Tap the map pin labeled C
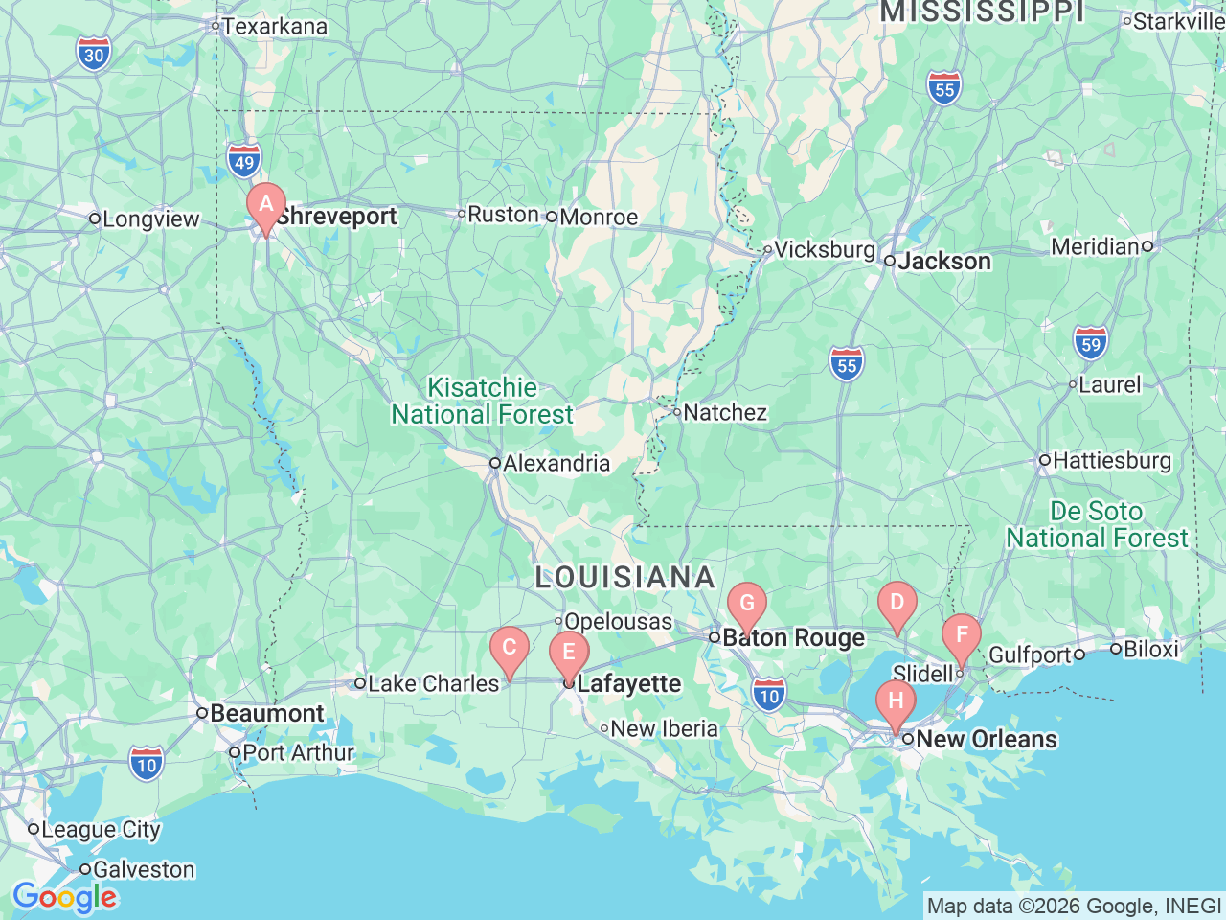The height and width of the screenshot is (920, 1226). pyautogui.click(x=510, y=648)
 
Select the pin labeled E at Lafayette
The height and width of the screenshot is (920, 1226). pyautogui.click(x=569, y=654)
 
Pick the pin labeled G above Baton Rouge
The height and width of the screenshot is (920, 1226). pyautogui.click(x=747, y=605)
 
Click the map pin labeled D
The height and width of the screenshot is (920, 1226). pyautogui.click(x=897, y=603)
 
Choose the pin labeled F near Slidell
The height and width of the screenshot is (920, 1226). pyautogui.click(x=962, y=635)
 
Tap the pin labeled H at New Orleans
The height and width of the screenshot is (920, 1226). pyautogui.click(x=896, y=701)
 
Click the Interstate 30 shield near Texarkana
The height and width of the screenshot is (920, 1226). pyautogui.click(x=94, y=54)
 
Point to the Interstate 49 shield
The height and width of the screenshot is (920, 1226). pyautogui.click(x=244, y=161)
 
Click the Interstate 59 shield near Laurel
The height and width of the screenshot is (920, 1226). pyautogui.click(x=1091, y=343)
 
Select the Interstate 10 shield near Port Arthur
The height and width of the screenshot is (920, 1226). pyautogui.click(x=146, y=764)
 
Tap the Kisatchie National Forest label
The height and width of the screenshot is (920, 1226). pyautogui.click(x=482, y=401)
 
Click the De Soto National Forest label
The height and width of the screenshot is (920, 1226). pyautogui.click(x=1097, y=524)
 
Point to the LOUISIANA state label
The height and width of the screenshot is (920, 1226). pyautogui.click(x=624, y=577)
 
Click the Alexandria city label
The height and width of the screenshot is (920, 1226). pyautogui.click(x=556, y=464)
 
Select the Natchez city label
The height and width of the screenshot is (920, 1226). pyautogui.click(x=724, y=413)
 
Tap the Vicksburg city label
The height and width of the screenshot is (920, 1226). pyautogui.click(x=824, y=250)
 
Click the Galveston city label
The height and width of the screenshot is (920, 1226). pyautogui.click(x=143, y=870)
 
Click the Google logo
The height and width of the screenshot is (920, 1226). pyautogui.click(x=64, y=898)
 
